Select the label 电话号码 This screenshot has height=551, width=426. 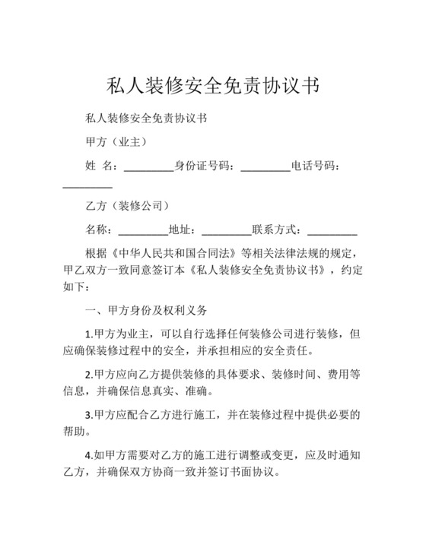click(313, 166)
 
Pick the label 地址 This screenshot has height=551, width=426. click(180, 230)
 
